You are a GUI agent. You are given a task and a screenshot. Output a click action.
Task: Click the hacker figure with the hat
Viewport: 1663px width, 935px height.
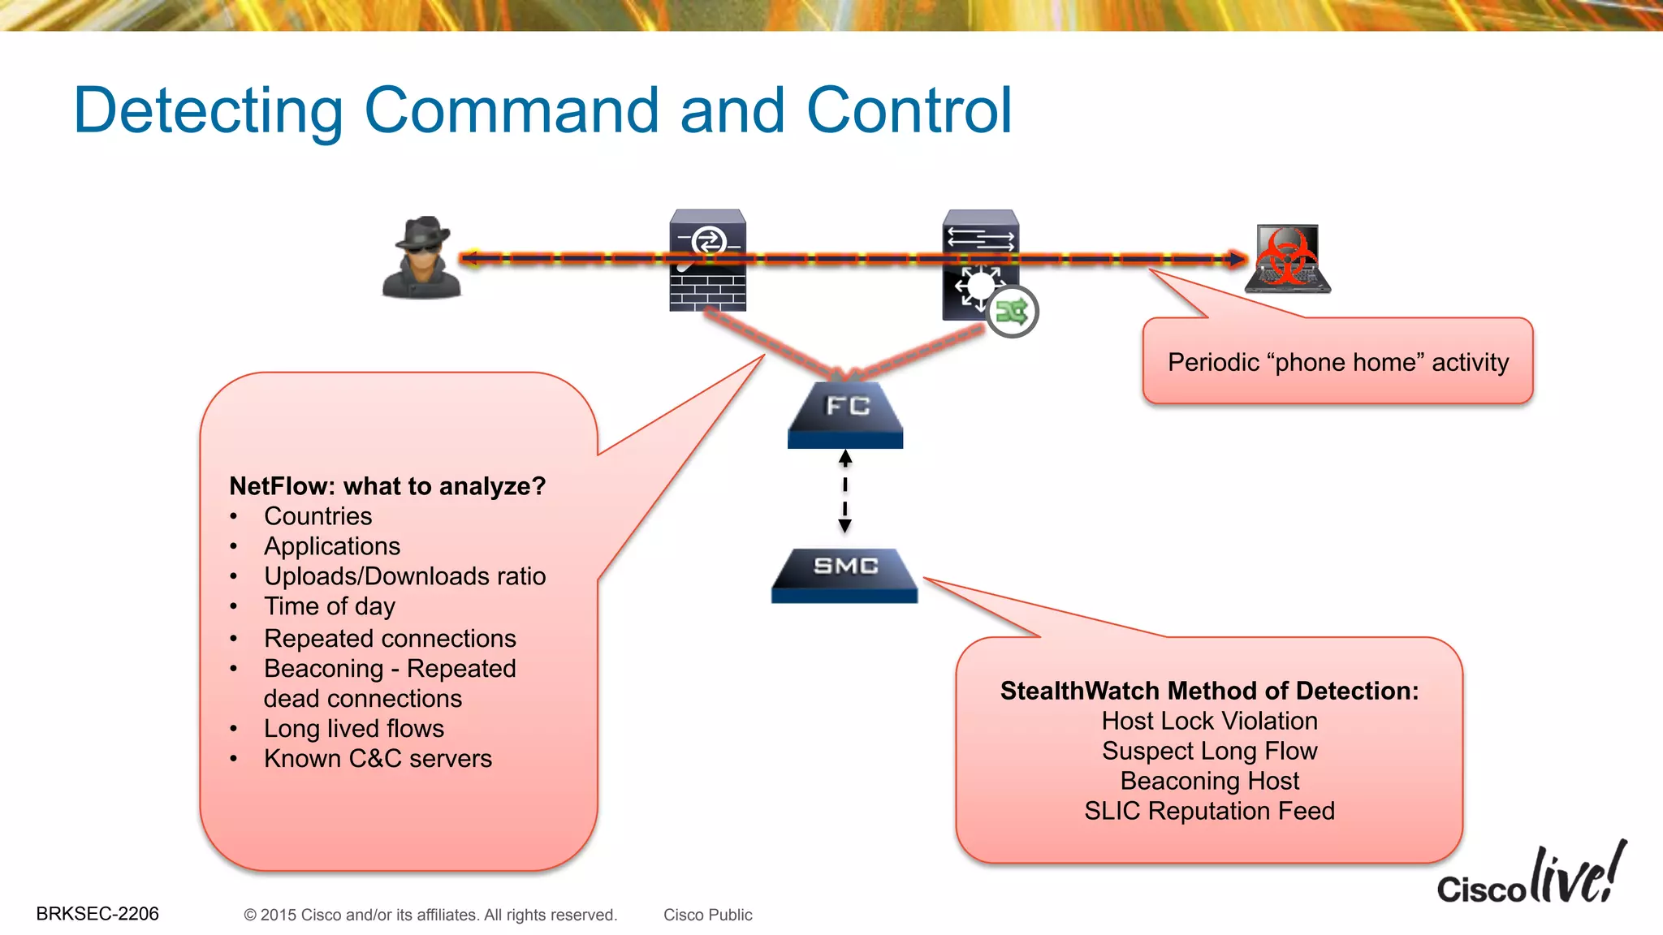click(x=421, y=258)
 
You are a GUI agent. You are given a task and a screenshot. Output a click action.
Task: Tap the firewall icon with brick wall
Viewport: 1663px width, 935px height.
click(x=707, y=261)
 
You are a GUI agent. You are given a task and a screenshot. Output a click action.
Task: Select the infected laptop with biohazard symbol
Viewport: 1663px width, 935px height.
click(x=1289, y=259)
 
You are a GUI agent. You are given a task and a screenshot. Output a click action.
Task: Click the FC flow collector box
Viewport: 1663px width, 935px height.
click(x=845, y=415)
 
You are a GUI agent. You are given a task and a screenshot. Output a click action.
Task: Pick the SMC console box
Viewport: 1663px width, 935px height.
click(x=844, y=575)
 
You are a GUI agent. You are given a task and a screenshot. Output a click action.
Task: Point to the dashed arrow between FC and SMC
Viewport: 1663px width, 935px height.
click(x=845, y=492)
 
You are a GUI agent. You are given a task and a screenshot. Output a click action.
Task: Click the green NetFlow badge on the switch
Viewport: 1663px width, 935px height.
click(x=1013, y=312)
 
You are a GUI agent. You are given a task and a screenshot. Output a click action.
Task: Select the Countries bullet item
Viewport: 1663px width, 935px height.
click(x=317, y=516)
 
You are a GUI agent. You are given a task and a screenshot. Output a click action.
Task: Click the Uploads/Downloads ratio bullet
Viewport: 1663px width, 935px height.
click(x=404, y=576)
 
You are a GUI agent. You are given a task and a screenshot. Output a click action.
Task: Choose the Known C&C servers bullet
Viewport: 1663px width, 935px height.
click(x=378, y=759)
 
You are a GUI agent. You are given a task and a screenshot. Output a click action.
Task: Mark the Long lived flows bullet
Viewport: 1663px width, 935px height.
click(x=354, y=729)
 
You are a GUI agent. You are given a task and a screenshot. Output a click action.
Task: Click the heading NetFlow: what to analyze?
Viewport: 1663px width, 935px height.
click(x=387, y=486)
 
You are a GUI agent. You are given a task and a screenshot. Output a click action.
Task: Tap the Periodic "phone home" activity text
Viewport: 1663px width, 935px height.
click(x=1337, y=362)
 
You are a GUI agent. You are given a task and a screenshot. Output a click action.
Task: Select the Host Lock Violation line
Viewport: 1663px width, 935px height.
click(x=1209, y=721)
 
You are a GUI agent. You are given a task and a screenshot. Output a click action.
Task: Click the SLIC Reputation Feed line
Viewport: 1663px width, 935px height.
click(x=1209, y=811)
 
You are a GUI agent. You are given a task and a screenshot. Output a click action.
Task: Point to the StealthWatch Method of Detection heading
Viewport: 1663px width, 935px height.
click(x=1209, y=691)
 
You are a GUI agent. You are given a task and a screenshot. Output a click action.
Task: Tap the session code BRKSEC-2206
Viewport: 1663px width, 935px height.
click(x=97, y=914)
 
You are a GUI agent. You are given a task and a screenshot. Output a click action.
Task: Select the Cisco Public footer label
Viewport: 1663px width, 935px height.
click(x=707, y=915)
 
